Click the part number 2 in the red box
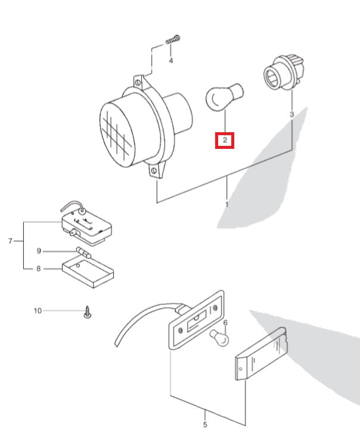click(225, 141)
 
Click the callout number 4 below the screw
click(171, 61)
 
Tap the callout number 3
click(291, 114)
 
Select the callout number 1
click(227, 204)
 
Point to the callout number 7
click(10, 241)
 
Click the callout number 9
click(39, 251)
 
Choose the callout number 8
click(39, 269)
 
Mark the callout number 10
click(38, 310)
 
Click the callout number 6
click(226, 323)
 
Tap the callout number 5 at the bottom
click(205, 425)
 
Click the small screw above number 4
click(173, 39)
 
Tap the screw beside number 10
click(88, 311)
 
